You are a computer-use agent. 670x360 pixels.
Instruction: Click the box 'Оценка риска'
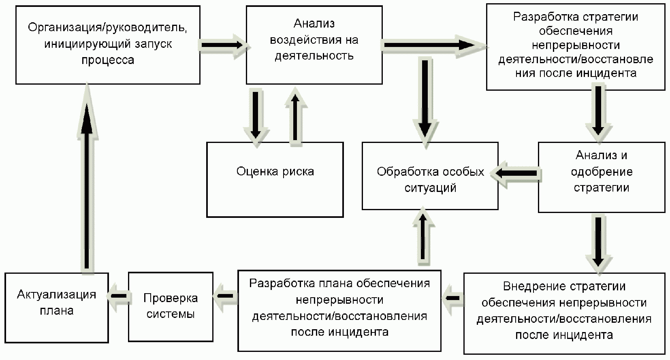point(275,179)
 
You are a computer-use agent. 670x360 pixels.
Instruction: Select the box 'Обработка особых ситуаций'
point(430,176)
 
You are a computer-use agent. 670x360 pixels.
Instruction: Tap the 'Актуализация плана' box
point(57,307)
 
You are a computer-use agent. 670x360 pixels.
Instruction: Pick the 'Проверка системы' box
point(171,307)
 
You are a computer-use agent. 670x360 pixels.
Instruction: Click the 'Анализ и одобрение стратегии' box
point(601,177)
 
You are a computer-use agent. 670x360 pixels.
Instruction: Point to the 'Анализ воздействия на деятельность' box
point(314,45)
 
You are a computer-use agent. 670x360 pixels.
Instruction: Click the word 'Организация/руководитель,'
point(107,28)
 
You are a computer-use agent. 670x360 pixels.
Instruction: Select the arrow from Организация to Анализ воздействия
point(223,45)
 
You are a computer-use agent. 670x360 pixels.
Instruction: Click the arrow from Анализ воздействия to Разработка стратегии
point(433,45)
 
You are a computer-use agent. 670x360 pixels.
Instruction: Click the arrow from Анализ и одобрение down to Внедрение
point(598,241)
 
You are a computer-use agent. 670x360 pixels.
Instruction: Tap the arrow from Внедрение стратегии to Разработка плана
point(452,298)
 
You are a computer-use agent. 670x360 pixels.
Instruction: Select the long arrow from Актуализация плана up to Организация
point(87,178)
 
